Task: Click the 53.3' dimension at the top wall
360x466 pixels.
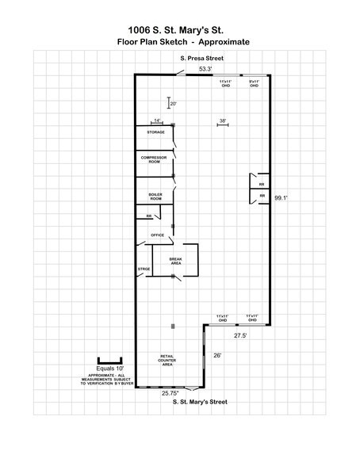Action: tap(205, 70)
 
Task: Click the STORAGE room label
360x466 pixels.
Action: tap(155, 132)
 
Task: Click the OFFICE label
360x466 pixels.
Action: tap(157, 235)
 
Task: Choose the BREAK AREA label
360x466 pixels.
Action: tap(176, 261)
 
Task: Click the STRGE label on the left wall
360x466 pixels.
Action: tap(144, 269)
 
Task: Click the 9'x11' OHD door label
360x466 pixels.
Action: tap(254, 83)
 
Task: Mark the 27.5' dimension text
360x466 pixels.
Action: tap(228, 336)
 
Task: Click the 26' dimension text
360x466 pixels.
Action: tap(218, 355)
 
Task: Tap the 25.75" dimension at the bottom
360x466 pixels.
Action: tap(170, 392)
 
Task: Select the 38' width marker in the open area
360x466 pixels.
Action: tap(223, 120)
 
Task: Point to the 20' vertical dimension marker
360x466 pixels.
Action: tap(172, 103)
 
